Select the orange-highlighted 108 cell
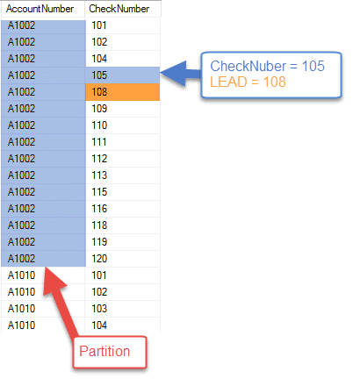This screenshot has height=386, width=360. click(123, 92)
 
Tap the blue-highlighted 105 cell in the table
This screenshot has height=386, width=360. click(123, 75)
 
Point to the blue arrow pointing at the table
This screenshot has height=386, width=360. click(181, 74)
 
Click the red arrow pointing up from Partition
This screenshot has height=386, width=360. click(60, 301)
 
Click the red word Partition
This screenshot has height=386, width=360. click(104, 351)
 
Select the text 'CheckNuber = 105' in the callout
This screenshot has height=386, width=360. click(267, 66)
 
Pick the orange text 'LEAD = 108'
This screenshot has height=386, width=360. click(248, 82)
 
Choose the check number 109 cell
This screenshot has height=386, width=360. click(123, 109)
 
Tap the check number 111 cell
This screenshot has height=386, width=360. click(123, 142)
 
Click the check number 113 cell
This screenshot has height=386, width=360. click(123, 175)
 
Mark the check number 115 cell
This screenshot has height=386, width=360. click(123, 192)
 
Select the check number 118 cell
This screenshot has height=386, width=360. click(123, 225)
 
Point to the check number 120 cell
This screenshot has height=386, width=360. click(123, 259)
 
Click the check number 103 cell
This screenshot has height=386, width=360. click(123, 309)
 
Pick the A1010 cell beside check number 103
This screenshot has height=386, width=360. click(43, 309)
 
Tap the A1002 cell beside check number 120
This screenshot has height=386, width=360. click(43, 259)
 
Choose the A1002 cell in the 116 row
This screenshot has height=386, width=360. click(43, 209)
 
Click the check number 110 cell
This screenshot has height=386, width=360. click(123, 125)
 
